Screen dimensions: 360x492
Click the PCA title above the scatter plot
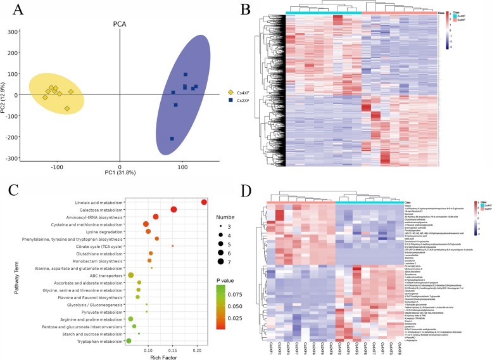pyautogui.click(x=119, y=24)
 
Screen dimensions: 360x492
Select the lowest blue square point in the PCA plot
pyautogui.click(x=172, y=139)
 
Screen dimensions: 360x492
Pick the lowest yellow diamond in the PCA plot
pyautogui.click(x=66, y=108)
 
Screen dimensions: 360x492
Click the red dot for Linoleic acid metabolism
pyautogui.click(x=204, y=202)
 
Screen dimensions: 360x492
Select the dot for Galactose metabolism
pyautogui.click(x=173, y=209)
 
